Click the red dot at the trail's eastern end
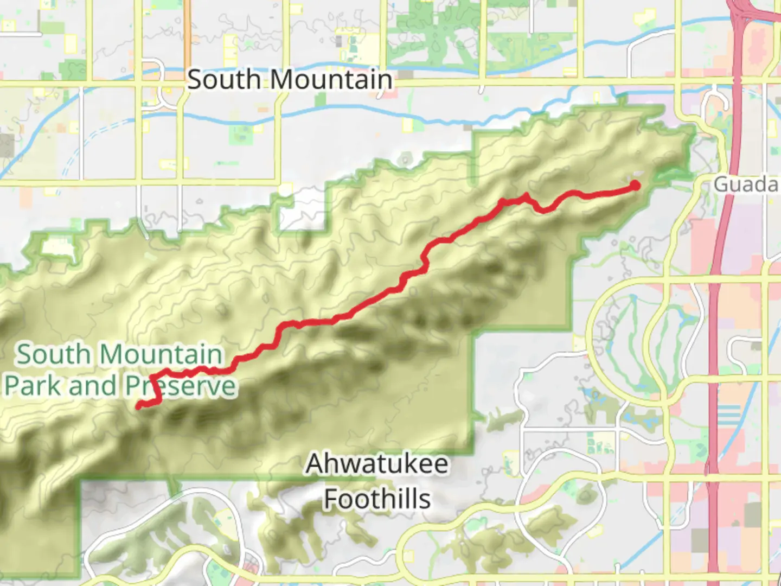coord(634,186)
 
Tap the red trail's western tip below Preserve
coord(139,405)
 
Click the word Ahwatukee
coord(377,464)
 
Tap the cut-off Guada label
coord(746,184)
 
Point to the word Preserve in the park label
coord(181,386)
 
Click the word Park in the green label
coord(34,386)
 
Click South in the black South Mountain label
coord(224,80)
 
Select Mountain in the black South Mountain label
coord(331,80)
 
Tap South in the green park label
coord(53,355)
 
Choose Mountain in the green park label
coord(162,355)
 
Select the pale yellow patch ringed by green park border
coord(58,247)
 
